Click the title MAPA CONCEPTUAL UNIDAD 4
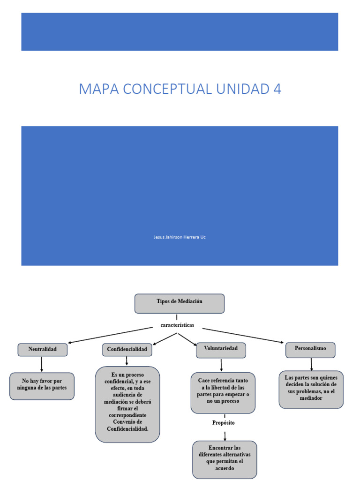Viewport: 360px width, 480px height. click(x=180, y=89)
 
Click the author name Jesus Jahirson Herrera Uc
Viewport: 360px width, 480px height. click(x=180, y=237)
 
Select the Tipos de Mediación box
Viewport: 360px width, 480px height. click(x=180, y=303)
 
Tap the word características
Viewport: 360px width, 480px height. click(x=177, y=325)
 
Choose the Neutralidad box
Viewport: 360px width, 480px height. click(x=43, y=350)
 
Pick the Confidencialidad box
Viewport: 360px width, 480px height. click(x=127, y=350)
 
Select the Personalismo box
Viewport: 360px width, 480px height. click(x=311, y=349)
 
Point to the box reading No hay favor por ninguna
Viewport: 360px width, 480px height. click(x=42, y=385)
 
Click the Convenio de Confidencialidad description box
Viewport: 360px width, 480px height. click(x=127, y=404)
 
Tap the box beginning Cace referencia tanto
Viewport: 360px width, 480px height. click(x=223, y=392)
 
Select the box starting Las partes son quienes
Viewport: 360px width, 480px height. click(x=311, y=389)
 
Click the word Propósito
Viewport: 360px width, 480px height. click(x=224, y=422)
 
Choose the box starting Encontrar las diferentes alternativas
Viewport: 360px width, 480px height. click(x=225, y=458)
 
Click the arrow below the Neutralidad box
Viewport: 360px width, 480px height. click(x=42, y=365)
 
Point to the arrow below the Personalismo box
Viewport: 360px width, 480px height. click(x=311, y=364)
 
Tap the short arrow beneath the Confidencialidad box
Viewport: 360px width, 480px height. click(x=127, y=361)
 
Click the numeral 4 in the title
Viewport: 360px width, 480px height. click(x=277, y=89)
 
